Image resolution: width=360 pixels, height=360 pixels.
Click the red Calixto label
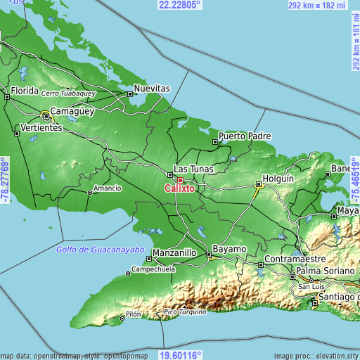(180, 188)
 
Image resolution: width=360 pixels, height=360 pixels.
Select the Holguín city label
(277, 178)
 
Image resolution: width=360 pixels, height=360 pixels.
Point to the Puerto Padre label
(245, 135)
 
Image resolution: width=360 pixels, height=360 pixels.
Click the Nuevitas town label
(153, 89)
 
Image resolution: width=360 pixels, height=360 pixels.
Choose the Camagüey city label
(72, 112)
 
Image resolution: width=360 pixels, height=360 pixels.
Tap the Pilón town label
(134, 314)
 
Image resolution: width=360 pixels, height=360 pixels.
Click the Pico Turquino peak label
(184, 311)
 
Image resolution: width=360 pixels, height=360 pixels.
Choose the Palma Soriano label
(327, 270)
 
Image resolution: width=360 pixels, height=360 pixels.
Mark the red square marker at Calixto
(180, 179)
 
